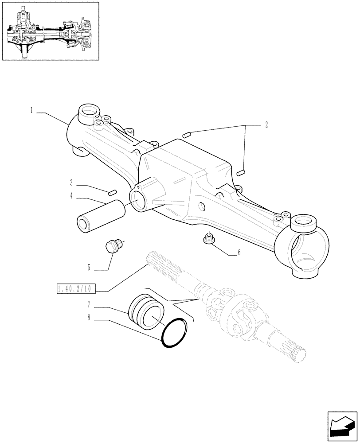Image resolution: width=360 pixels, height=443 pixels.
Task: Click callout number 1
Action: pyautogui.click(x=32, y=110)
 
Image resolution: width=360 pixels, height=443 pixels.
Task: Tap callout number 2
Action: pyautogui.click(x=266, y=125)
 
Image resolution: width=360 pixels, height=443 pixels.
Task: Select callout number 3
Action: pyautogui.click(x=71, y=183)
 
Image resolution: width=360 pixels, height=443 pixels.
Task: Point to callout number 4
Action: pyautogui.click(x=71, y=196)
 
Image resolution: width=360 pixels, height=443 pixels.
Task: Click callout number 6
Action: pyautogui.click(x=239, y=253)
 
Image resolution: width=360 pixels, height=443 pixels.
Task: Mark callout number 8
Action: pyautogui.click(x=89, y=317)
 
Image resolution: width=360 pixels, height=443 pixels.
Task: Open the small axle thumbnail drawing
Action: pyautogui.click(x=50, y=31)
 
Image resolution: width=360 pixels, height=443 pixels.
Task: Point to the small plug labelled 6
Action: pyautogui.click(x=208, y=238)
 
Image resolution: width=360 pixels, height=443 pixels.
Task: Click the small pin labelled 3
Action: pyautogui.click(x=112, y=192)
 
